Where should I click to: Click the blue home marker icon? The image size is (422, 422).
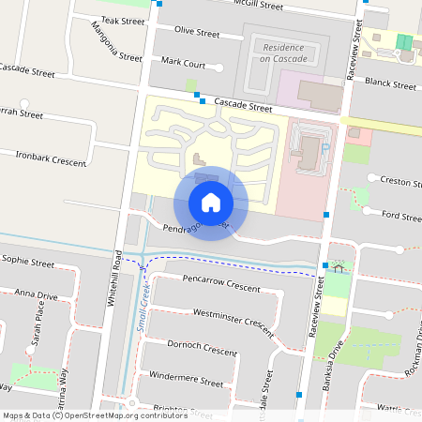211,203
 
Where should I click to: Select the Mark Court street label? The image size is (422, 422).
183,62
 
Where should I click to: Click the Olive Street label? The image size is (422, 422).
197,33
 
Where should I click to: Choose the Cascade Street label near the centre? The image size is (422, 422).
243,106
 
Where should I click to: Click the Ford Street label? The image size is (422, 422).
402,216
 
